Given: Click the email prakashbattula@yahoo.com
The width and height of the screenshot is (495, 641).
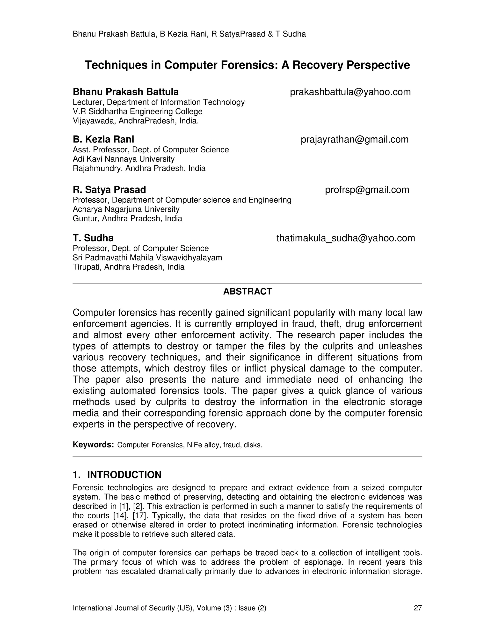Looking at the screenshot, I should pos(350,92).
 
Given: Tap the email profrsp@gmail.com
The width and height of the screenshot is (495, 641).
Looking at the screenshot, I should pos(367,190).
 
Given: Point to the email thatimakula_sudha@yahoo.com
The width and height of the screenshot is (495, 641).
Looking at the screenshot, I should pos(345,238).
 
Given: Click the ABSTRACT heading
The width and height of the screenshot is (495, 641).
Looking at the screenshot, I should pos(247,291).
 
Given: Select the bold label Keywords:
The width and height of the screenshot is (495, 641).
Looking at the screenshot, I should pos(93,445).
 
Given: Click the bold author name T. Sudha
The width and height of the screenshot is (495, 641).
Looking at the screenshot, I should pos(93,238).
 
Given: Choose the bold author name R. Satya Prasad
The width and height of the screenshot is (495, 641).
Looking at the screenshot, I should pos(109,190).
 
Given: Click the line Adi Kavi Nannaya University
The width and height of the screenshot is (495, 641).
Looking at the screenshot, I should pos(124,159).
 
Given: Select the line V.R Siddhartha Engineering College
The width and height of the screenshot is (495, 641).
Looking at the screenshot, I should pos(137,112).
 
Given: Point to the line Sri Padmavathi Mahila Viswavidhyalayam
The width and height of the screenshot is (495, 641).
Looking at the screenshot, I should pos(147,258).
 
